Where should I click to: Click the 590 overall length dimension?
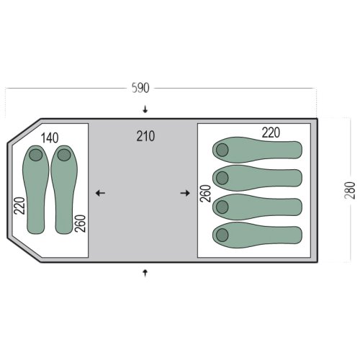[x=140, y=88]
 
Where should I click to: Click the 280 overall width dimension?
[x=350, y=190]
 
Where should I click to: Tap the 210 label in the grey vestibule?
[x=145, y=136]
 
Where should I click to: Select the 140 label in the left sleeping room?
[x=50, y=138]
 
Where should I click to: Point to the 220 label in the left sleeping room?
[x=19, y=206]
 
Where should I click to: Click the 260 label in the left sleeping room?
[x=80, y=223]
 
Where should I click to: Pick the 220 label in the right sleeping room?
[x=271, y=132]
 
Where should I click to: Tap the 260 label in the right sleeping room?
[x=206, y=194]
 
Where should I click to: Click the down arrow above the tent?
[x=145, y=109]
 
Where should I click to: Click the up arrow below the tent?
[x=145, y=273]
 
